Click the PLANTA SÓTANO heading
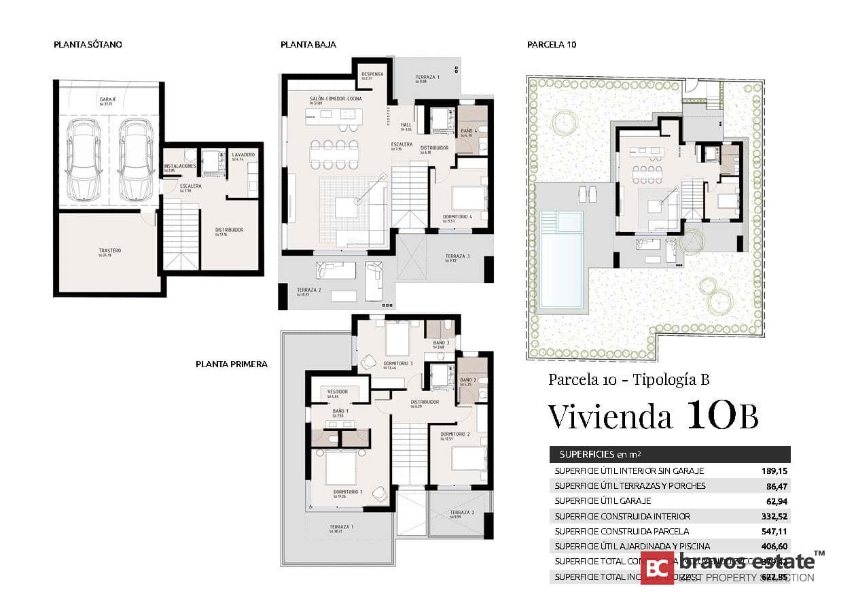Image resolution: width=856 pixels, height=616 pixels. tap(88, 45)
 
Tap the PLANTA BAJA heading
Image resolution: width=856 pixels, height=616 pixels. tap(308, 45)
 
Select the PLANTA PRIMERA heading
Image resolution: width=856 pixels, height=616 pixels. tap(231, 364)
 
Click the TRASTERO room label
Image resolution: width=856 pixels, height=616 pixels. tap(109, 251)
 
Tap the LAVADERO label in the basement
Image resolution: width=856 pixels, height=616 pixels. tap(243, 155)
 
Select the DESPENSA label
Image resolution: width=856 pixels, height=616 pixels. tap(372, 74)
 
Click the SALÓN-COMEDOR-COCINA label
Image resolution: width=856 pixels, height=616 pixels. tap(336, 99)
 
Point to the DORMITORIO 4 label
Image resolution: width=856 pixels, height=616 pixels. tap(457, 217)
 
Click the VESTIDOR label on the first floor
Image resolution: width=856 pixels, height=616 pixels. tap(338, 392)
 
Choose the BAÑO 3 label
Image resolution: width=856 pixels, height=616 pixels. tap(440, 343)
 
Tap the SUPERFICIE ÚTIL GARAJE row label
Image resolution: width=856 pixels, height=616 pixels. tap(603, 501)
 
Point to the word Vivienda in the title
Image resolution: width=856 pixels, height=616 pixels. tap(611, 416)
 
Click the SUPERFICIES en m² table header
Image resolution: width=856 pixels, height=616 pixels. tap(600, 454)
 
